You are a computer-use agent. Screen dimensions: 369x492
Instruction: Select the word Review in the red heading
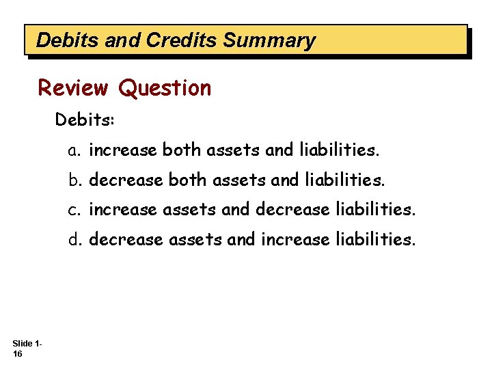click(x=73, y=88)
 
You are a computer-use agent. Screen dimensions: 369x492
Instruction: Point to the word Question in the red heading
click(x=165, y=88)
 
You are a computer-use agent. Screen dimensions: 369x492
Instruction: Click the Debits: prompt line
click(x=85, y=120)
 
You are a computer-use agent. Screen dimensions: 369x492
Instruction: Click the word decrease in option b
click(x=126, y=180)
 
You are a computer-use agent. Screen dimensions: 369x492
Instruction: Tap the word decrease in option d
click(x=126, y=240)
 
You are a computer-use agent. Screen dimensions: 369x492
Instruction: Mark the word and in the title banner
click(x=123, y=40)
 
